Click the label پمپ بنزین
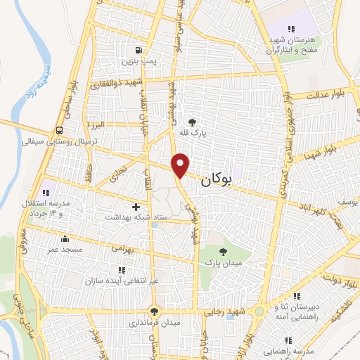click(x=138, y=62)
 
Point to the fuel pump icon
click(x=139, y=50)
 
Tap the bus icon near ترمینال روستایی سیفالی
click(x=59, y=130)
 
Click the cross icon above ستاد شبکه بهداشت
click(x=136, y=206)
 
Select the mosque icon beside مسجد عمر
click(x=65, y=238)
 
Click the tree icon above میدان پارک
click(x=224, y=251)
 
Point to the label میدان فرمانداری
click(x=155, y=323)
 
